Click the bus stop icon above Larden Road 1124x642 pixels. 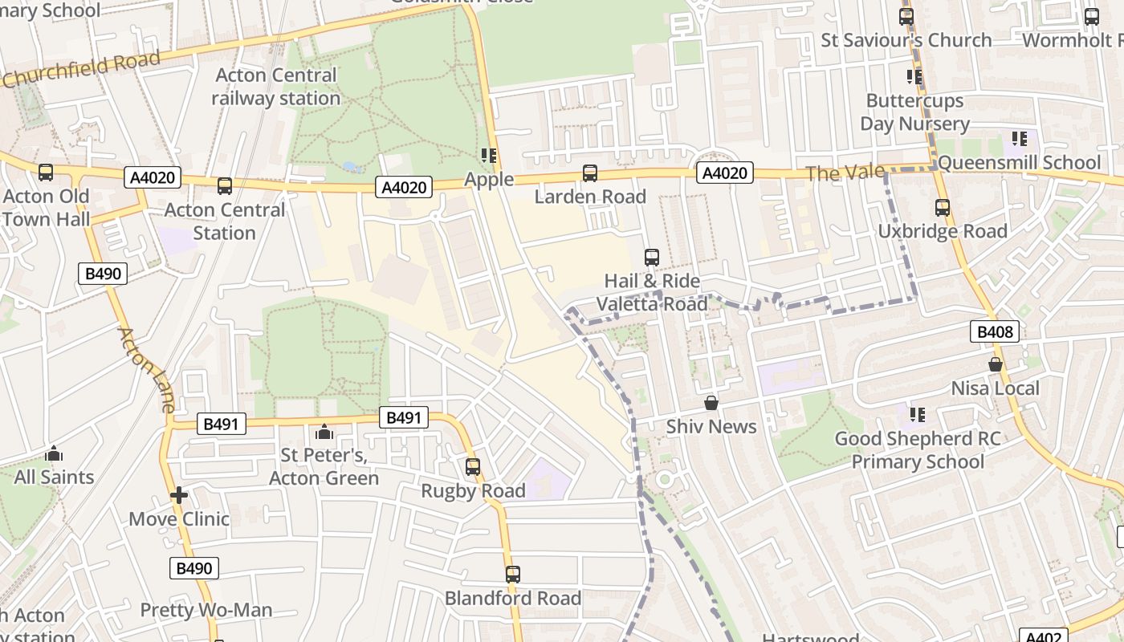pos(590,173)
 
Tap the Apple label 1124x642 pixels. pos(489,180)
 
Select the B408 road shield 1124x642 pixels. pos(995,331)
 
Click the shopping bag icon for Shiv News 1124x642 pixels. pos(711,403)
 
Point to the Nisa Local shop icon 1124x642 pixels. pos(996,364)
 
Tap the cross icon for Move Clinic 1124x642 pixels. pos(179,495)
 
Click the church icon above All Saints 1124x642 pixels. pos(54,454)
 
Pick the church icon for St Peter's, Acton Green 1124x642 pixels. pos(324,433)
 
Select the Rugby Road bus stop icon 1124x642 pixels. pos(473,467)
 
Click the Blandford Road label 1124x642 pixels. pos(513,599)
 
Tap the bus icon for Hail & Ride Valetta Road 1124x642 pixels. pos(652,258)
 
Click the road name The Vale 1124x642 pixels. pos(845,173)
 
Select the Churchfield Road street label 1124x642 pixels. pos(80,70)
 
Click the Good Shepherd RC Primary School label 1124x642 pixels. pos(918,450)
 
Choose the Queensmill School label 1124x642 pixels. pos(1019,163)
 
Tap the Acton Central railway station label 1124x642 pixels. pos(276,87)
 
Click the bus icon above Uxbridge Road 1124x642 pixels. pos(943,208)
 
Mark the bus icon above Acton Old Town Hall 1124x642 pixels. pos(46,173)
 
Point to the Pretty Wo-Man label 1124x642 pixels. pos(206,610)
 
